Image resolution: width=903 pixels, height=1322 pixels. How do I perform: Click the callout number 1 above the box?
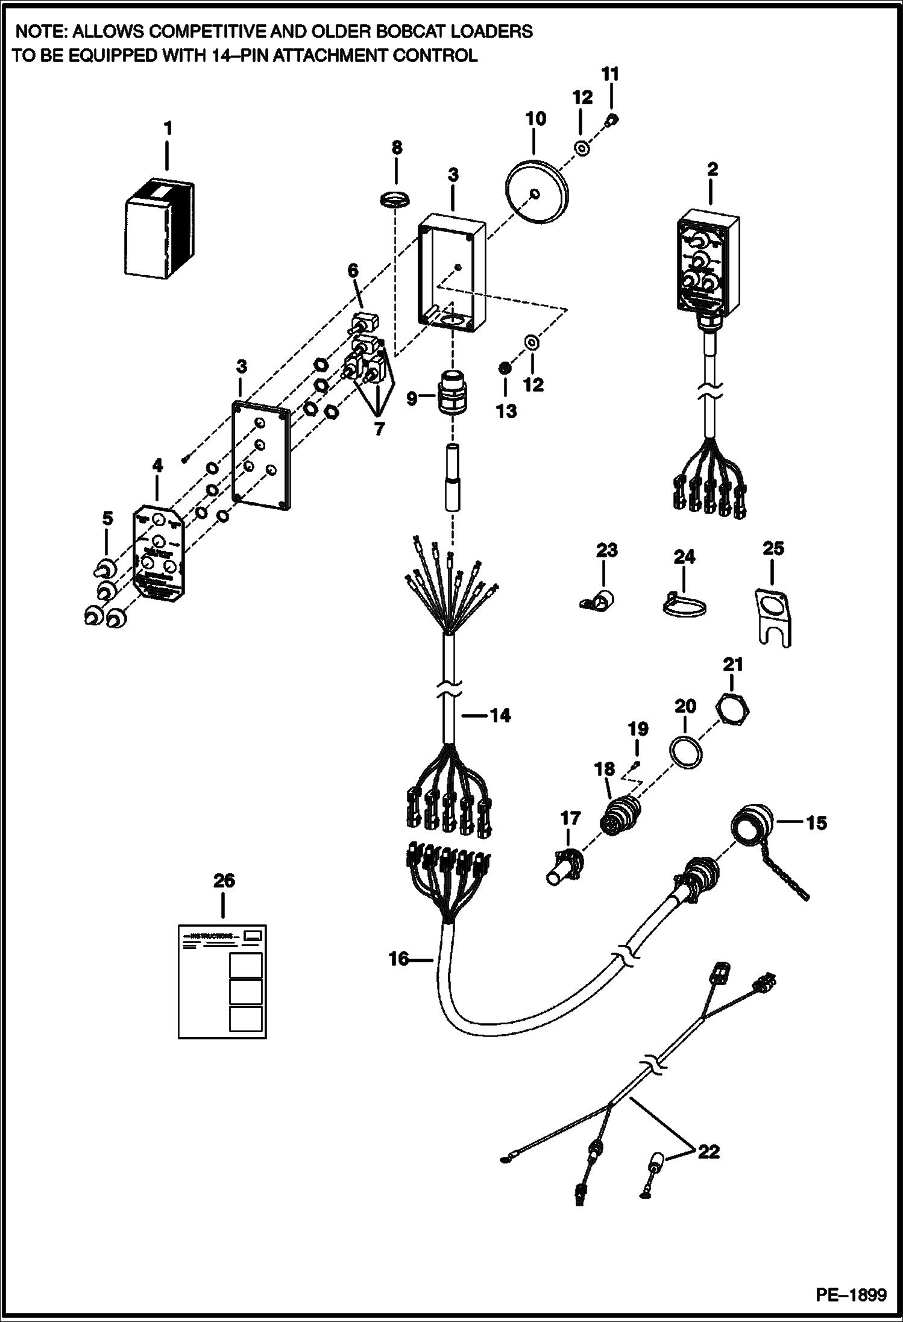point(168,128)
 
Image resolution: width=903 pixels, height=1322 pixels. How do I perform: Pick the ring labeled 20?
point(685,751)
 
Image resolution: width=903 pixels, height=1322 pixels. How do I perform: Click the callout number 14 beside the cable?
point(500,715)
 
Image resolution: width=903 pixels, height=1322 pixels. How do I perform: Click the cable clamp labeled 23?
point(598,599)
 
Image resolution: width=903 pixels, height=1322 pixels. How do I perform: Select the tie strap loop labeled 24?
point(684,606)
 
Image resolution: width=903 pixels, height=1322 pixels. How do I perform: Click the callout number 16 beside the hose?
point(399,958)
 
